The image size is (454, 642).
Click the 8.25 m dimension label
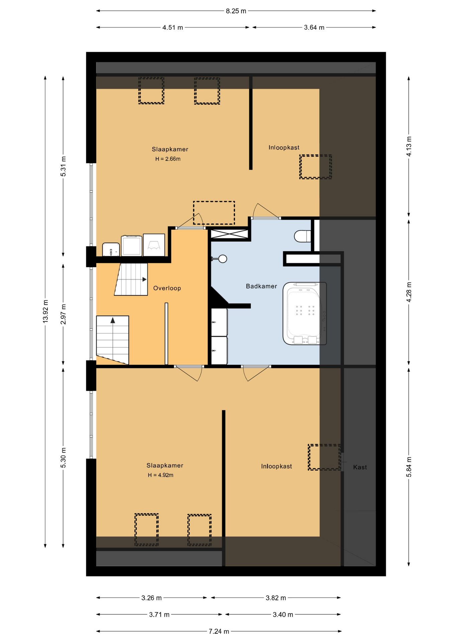pos(236,11)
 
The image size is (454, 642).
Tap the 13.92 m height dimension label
pos(45,311)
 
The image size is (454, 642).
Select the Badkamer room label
pos(261,286)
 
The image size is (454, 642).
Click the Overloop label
pos(167,288)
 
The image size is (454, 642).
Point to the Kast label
pos(360,467)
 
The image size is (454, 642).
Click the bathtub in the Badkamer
pos(305,313)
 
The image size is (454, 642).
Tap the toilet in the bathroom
pos(303,236)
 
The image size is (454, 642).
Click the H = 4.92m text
pos(160,475)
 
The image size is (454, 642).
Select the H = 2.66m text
pos(168,159)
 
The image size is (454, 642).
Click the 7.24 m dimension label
pos(219,631)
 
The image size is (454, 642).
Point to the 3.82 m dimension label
pos(276,598)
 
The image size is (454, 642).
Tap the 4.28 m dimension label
pos(409,292)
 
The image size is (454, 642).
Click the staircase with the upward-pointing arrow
pos(113,340)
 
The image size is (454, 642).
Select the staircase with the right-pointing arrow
pos(131,279)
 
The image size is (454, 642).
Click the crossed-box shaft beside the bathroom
pos(229,234)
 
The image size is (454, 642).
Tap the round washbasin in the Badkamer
pos(222,258)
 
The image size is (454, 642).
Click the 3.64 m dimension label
pos(314,27)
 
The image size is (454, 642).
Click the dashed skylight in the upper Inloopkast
pos(316,167)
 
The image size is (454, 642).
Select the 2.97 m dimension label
pos(63,314)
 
